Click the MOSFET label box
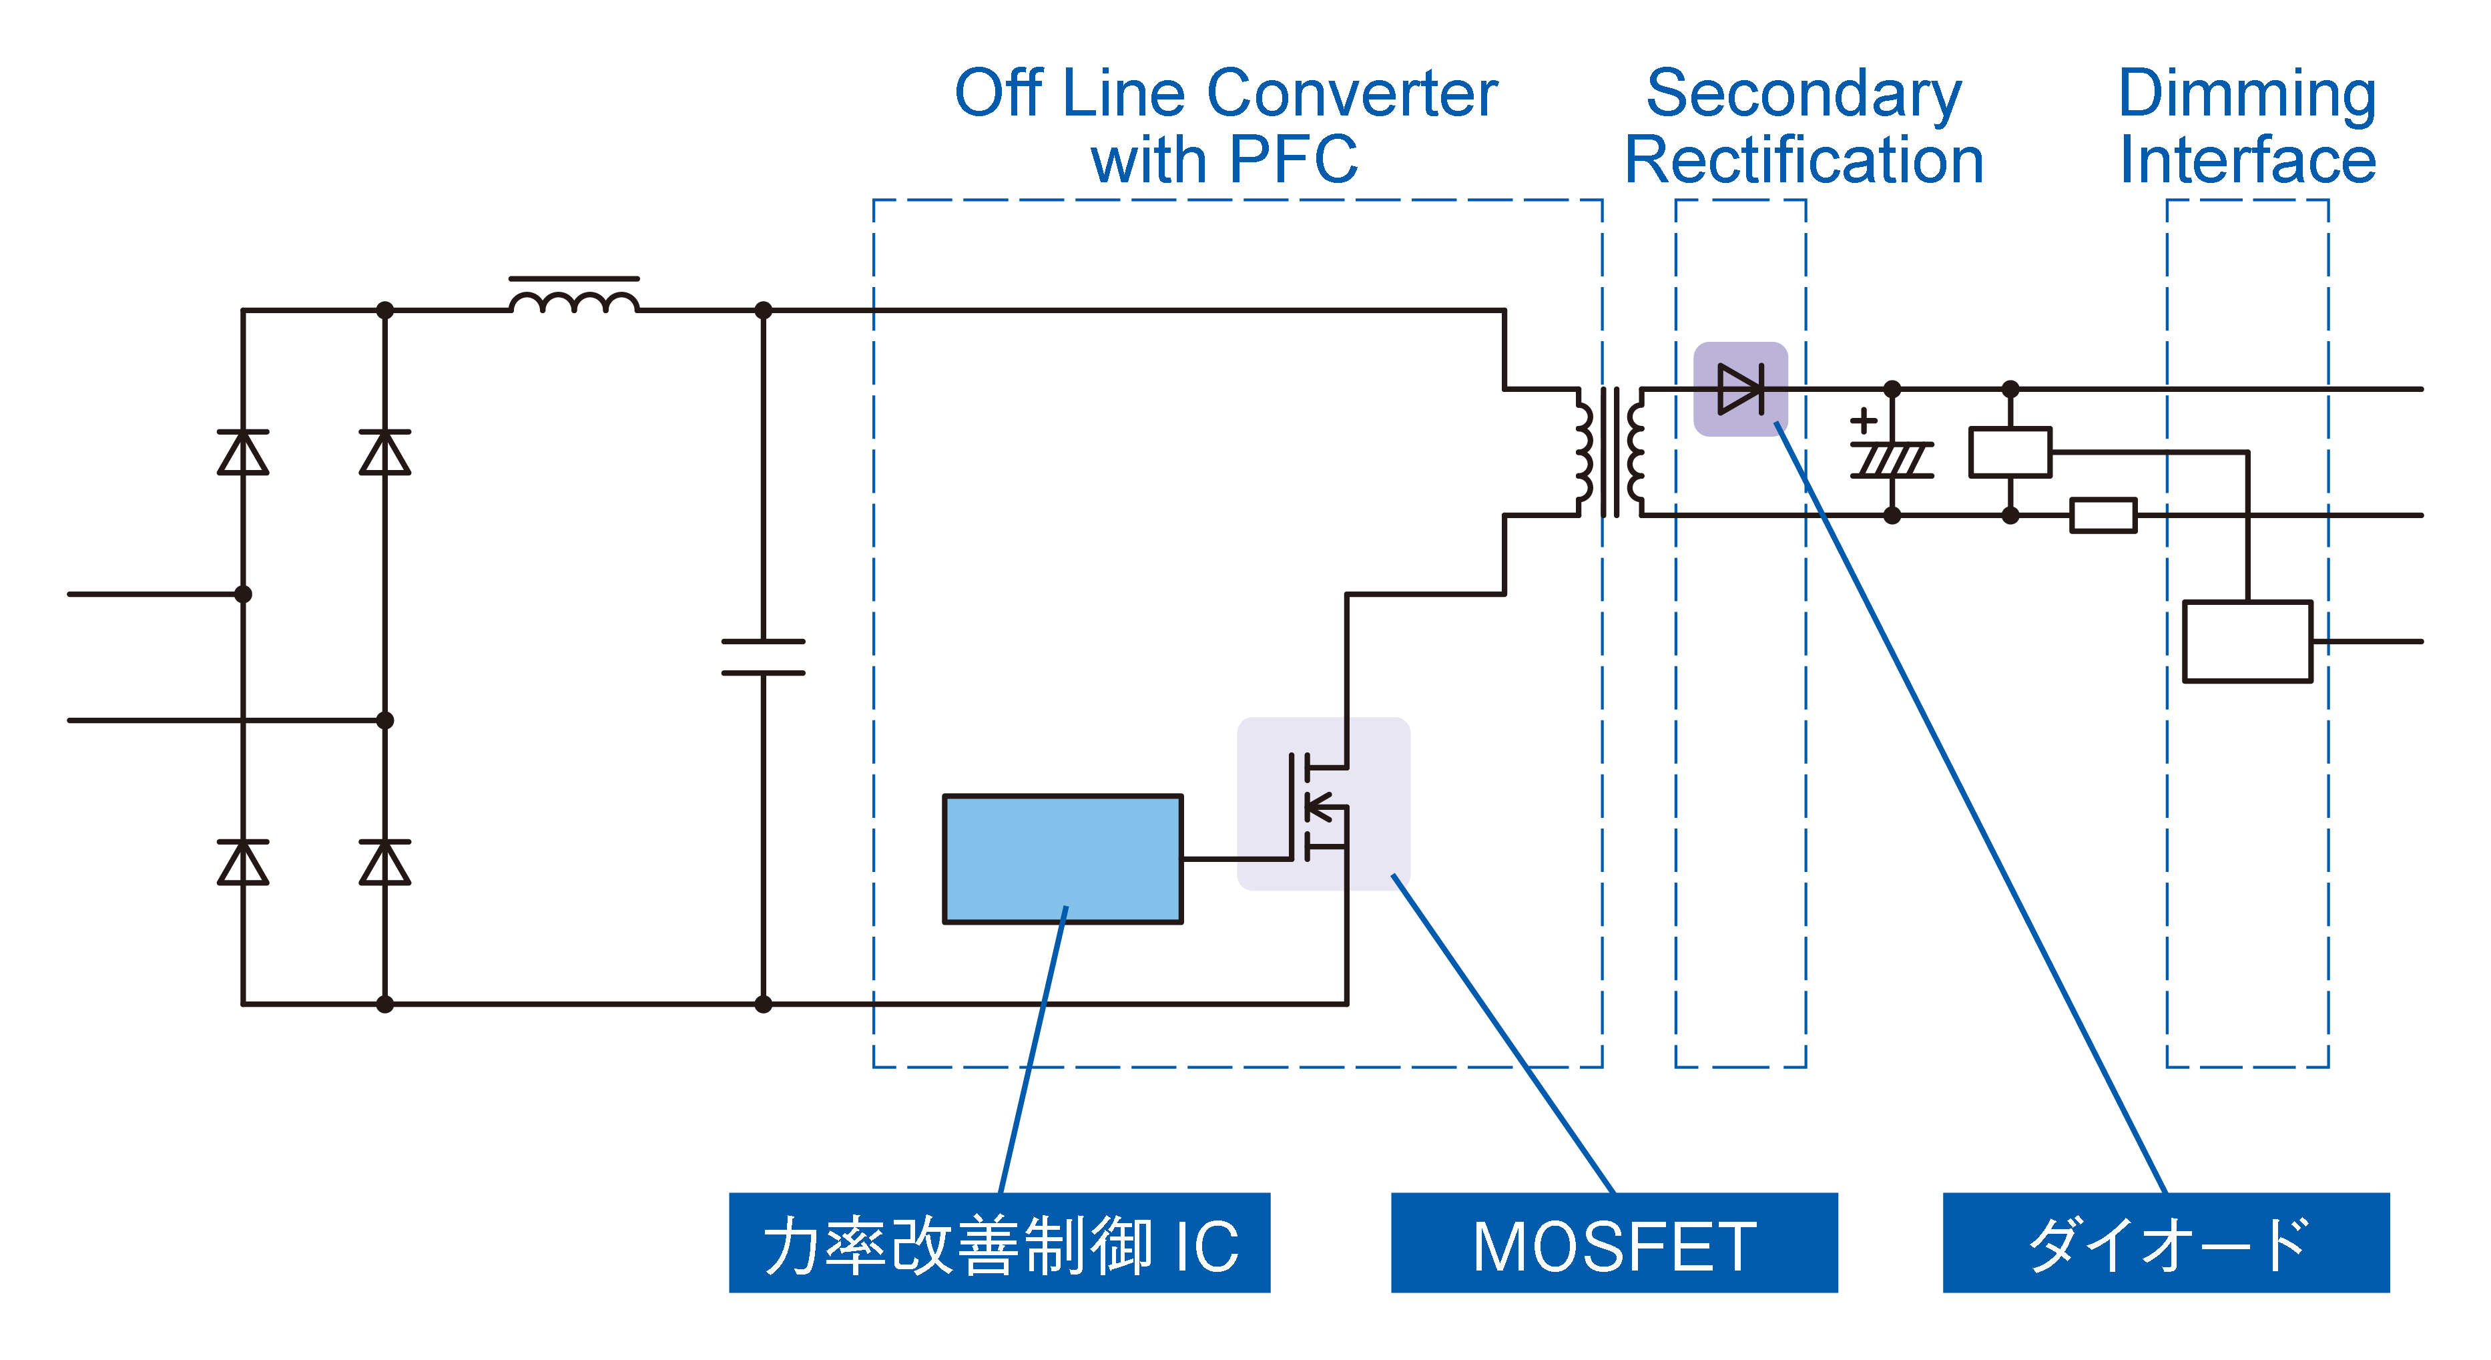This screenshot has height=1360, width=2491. (x=1613, y=1243)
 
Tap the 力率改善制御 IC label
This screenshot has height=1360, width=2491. (x=999, y=1243)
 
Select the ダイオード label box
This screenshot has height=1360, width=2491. (x=2165, y=1243)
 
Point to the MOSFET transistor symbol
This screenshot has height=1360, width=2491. (x=1321, y=806)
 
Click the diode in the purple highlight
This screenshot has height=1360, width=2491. (x=1739, y=389)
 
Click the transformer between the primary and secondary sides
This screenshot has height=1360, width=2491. (x=1610, y=452)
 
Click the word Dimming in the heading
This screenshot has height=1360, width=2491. (x=2246, y=94)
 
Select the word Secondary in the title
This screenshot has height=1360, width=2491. (x=1804, y=94)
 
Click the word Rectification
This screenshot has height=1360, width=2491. (x=1804, y=160)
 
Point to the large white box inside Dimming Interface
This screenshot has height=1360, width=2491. (x=2246, y=642)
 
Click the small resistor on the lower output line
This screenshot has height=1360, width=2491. (x=2103, y=515)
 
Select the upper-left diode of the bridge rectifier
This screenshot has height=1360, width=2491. (x=243, y=453)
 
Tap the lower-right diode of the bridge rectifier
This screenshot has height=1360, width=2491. (x=385, y=863)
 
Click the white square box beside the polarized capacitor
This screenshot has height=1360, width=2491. (x=2010, y=452)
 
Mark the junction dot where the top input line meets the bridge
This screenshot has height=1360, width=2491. (x=243, y=594)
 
